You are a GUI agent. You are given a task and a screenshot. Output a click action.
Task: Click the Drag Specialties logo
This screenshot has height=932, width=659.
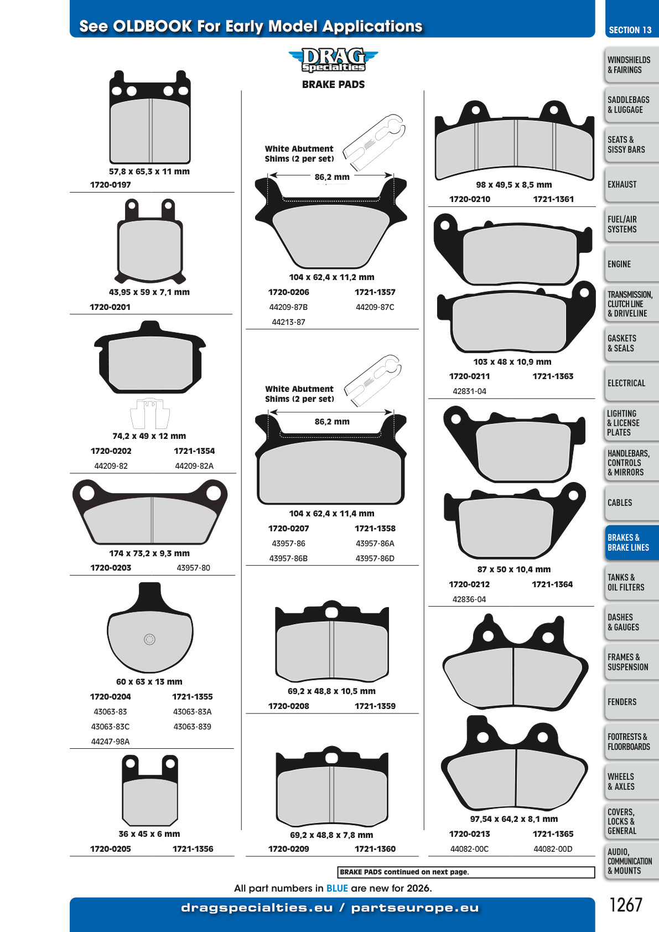tap(333, 60)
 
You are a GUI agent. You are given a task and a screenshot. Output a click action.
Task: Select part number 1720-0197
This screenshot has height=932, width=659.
tap(110, 185)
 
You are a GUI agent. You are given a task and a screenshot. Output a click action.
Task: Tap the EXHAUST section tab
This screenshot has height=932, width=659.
tap(631, 184)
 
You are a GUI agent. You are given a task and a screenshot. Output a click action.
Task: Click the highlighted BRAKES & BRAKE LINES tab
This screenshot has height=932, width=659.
tap(631, 542)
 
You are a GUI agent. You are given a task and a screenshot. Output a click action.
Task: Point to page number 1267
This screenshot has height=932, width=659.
tap(626, 905)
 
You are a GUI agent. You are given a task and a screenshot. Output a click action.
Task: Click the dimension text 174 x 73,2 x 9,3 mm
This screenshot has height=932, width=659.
tap(149, 553)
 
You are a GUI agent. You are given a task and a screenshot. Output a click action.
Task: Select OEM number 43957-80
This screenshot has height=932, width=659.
tap(194, 568)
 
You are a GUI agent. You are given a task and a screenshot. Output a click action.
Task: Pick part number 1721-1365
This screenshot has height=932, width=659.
tap(553, 834)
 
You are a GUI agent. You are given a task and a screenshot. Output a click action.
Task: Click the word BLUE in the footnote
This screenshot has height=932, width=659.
tap(337, 888)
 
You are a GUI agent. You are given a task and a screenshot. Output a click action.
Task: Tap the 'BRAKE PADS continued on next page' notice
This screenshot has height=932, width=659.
tap(404, 872)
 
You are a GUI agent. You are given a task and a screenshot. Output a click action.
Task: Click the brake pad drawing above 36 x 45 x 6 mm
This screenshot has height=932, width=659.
tap(150, 790)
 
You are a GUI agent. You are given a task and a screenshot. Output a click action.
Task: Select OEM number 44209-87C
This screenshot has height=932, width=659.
tap(375, 307)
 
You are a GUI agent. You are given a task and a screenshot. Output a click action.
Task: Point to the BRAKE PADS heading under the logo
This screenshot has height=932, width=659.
tap(333, 85)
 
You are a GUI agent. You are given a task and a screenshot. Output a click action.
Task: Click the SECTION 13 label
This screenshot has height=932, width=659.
tap(630, 30)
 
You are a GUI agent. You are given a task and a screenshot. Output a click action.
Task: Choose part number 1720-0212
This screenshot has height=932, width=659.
tap(469, 584)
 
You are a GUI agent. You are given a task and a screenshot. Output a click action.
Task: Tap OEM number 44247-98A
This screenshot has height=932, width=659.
tap(110, 742)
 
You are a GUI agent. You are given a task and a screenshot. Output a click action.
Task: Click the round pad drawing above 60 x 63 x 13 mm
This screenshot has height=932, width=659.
tap(150, 627)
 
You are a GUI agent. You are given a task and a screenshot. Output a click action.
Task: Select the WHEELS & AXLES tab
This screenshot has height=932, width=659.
tap(631, 781)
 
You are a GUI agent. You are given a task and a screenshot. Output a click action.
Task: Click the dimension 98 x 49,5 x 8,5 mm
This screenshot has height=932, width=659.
tap(514, 185)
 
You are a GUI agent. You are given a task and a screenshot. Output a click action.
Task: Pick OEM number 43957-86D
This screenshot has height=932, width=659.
tap(375, 558)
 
